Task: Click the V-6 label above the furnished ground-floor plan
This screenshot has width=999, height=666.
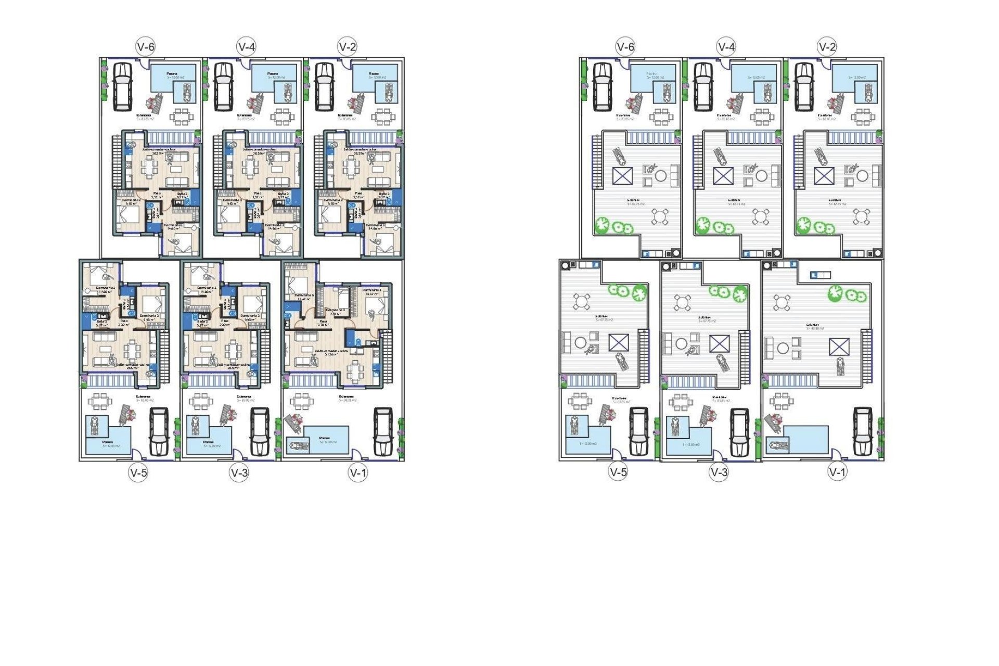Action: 145,47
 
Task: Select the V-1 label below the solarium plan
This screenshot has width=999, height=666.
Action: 837,472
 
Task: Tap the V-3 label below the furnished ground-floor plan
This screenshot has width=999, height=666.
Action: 239,472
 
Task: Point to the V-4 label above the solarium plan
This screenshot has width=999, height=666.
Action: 726,47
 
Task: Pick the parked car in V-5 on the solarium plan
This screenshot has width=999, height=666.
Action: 639,432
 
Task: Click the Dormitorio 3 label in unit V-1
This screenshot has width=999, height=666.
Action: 304,295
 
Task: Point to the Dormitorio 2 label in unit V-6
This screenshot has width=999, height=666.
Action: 131,200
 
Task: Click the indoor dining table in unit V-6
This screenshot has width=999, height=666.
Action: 150,168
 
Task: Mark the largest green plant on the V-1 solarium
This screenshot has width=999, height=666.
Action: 836,292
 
